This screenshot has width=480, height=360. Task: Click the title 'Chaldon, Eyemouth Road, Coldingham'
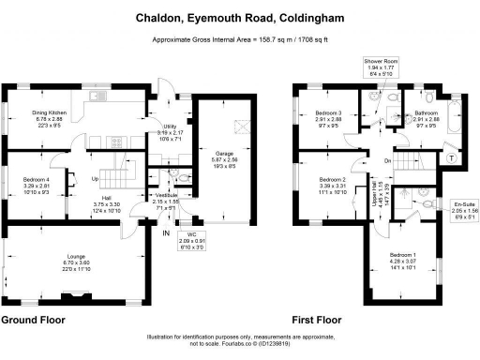coord(239,16)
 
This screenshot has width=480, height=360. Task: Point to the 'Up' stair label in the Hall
coord(95,178)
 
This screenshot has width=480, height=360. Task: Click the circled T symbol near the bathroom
coord(455,157)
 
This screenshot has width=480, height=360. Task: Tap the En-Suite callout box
coord(463,209)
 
